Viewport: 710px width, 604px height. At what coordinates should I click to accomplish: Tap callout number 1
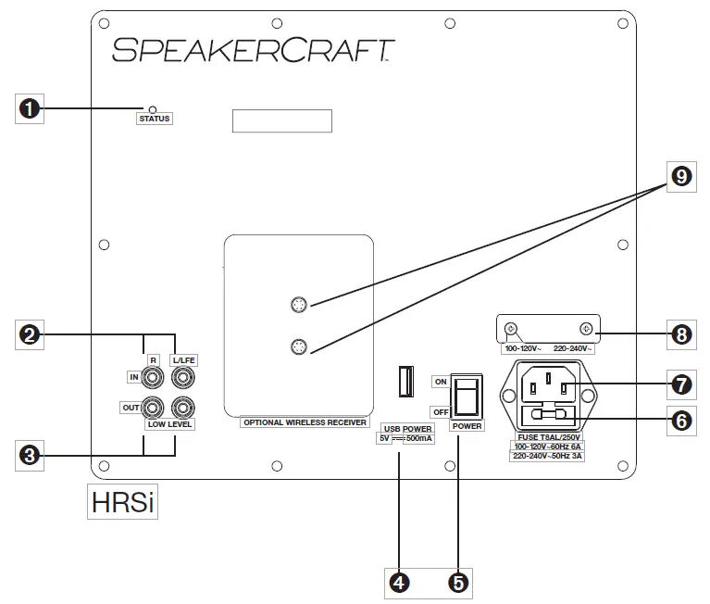(31, 108)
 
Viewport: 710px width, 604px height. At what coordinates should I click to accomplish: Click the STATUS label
(155, 120)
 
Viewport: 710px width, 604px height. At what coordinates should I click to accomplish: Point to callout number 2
(31, 334)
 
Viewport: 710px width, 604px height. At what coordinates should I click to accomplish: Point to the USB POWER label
(407, 428)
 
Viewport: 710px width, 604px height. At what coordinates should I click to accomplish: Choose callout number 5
(457, 582)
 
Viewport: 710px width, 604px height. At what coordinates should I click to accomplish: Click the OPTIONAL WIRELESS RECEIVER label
(304, 422)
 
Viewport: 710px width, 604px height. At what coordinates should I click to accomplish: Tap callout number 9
(680, 176)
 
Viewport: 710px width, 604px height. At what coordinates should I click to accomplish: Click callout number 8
(680, 333)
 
